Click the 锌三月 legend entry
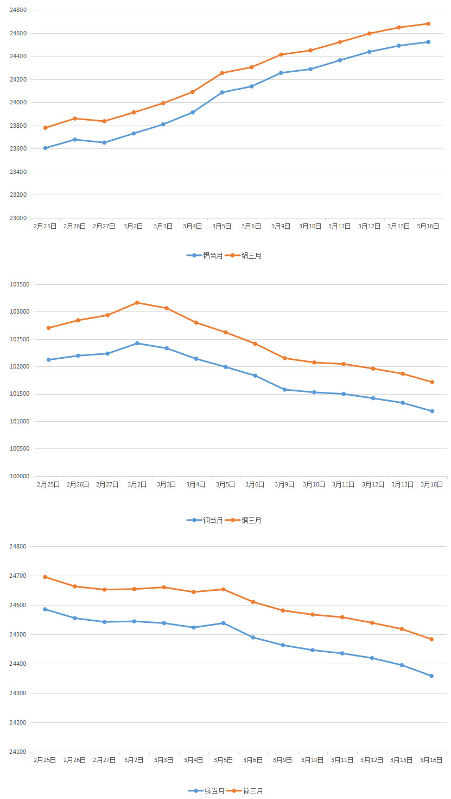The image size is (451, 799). [245, 791]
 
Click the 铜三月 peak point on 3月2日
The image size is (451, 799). [137, 303]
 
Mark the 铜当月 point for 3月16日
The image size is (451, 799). [432, 411]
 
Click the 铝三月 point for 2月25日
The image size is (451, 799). [45, 128]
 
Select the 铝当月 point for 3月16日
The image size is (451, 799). [428, 42]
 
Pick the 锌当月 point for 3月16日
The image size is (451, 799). [431, 676]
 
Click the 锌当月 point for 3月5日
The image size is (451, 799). [223, 623]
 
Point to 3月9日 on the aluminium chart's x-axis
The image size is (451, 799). [281, 226]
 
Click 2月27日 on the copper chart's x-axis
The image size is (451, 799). [107, 484]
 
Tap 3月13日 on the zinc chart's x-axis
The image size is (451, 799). [402, 760]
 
